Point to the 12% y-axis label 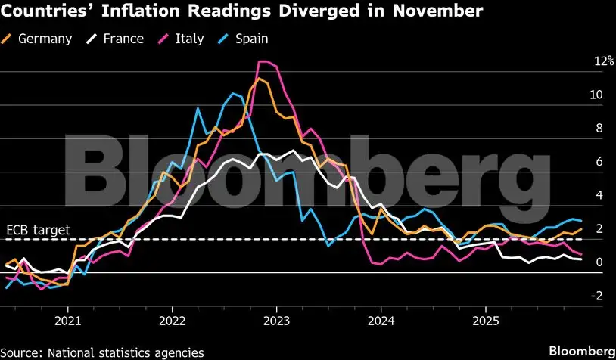583,61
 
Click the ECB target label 38,229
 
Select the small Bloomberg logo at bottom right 581,351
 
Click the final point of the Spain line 581,220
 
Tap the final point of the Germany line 581,228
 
